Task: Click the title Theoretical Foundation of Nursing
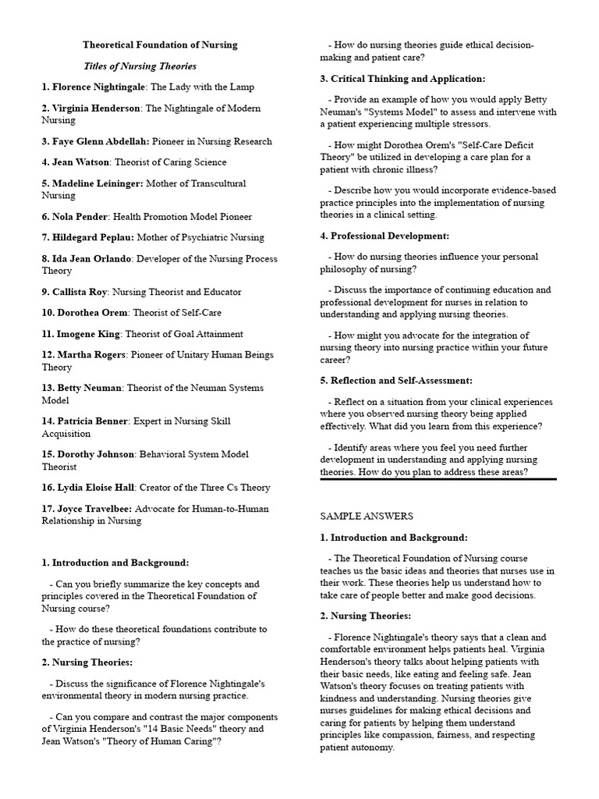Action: point(160,45)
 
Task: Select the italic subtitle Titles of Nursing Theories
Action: point(140,66)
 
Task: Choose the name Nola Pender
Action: point(83,216)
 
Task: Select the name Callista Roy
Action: point(85,292)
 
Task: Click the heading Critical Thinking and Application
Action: point(408,79)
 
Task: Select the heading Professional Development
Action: point(390,236)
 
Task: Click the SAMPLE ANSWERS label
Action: point(367,516)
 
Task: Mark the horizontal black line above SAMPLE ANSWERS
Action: point(438,478)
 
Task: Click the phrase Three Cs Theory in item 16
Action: point(233,488)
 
